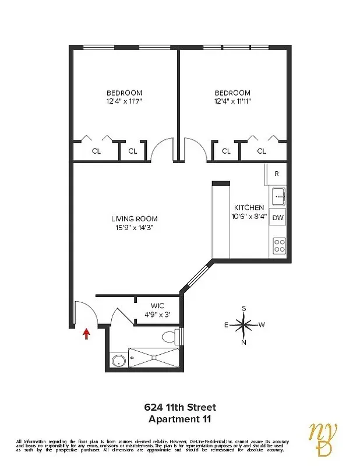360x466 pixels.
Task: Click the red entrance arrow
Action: [87, 333]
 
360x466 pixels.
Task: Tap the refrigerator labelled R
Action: [277, 174]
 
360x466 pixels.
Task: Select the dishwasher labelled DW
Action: [278, 218]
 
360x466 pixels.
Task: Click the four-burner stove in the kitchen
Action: [279, 246]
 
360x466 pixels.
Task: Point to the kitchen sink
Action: [278, 196]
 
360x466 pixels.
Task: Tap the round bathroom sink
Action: [119, 361]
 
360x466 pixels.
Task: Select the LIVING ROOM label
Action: [135, 219]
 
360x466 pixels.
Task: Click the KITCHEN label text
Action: [249, 208]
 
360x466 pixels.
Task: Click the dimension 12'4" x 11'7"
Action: [124, 101]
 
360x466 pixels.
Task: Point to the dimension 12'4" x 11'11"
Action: [232, 101]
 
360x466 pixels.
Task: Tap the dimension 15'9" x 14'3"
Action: [135, 228]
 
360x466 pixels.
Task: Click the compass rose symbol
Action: [244, 324]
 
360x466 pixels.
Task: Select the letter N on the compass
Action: [244, 343]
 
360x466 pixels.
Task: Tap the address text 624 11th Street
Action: [179, 407]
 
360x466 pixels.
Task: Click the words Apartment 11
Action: [179, 418]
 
